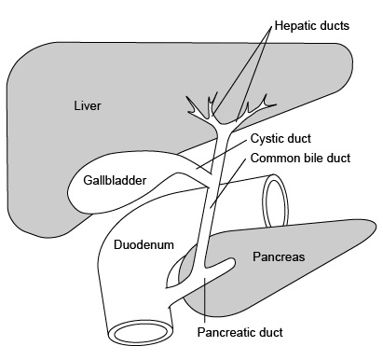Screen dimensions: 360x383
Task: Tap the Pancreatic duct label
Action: pyautogui.click(x=239, y=330)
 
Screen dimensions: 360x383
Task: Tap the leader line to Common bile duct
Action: pyautogui.click(x=233, y=177)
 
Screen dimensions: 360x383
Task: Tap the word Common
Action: pyautogui.click(x=272, y=158)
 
